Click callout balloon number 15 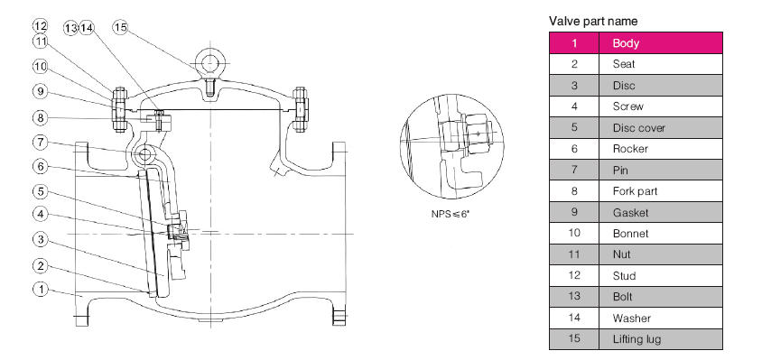pos(120,27)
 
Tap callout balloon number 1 pos(41,290)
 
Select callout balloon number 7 pos(41,143)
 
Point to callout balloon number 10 pos(41,66)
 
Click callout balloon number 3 pos(41,239)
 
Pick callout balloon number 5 pos(41,191)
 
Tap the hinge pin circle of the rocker pos(144,154)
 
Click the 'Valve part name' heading pos(593,22)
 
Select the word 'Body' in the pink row pos(626,43)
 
